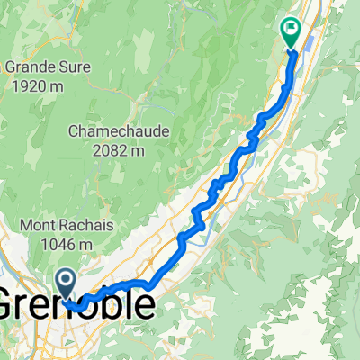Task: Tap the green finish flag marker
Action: pos(291,32)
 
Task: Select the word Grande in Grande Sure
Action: pos(28,66)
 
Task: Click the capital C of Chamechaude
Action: pos(74,131)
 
